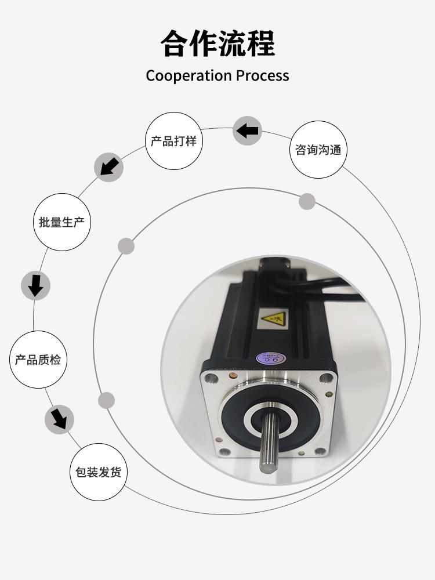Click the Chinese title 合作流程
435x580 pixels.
217,43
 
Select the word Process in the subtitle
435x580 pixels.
262,76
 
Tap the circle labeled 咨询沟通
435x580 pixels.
318,150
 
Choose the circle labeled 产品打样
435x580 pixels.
173,141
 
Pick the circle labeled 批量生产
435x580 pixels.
63,222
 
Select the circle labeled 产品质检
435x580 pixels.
38,360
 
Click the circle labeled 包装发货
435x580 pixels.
98,472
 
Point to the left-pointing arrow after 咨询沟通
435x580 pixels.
248,130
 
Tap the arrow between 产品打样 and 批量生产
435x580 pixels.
108,167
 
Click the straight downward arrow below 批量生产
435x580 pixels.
36,285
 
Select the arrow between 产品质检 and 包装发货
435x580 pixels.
59,418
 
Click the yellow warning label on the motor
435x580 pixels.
274,318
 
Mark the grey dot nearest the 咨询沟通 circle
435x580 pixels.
307,201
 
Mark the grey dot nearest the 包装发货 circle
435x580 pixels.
107,400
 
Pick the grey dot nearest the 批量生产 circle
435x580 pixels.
126,246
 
